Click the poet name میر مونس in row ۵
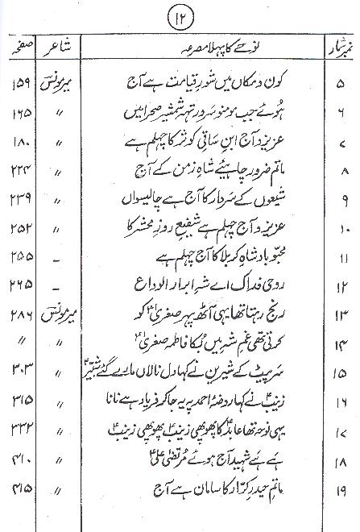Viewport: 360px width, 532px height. (x=75, y=81)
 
